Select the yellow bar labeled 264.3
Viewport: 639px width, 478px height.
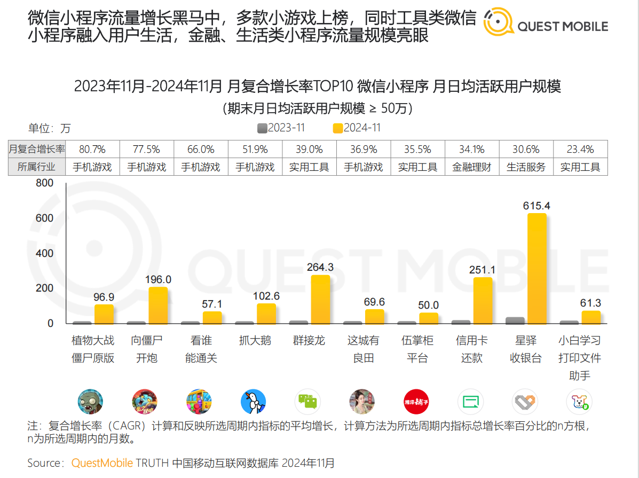coord(320,299)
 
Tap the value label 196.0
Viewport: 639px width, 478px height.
coord(158,279)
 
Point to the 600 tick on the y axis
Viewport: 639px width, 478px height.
coord(45,218)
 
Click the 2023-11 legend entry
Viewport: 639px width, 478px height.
coord(281,128)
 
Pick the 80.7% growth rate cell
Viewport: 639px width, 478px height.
coord(92,150)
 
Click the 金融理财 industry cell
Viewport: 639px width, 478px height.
coord(471,167)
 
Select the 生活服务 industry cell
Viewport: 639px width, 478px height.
coord(526,167)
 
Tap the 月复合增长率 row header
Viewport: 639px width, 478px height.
coord(37,150)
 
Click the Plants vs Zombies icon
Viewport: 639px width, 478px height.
coord(90,402)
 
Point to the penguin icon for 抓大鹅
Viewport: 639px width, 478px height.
coord(253,402)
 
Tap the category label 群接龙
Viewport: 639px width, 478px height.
coord(309,341)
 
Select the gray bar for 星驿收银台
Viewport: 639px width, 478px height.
coord(515,320)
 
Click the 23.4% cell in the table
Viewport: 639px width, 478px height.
coord(580,150)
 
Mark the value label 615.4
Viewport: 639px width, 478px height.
coord(537,206)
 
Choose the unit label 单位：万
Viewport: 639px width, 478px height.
coord(49,129)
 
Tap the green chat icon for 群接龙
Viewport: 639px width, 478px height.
coord(307,402)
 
